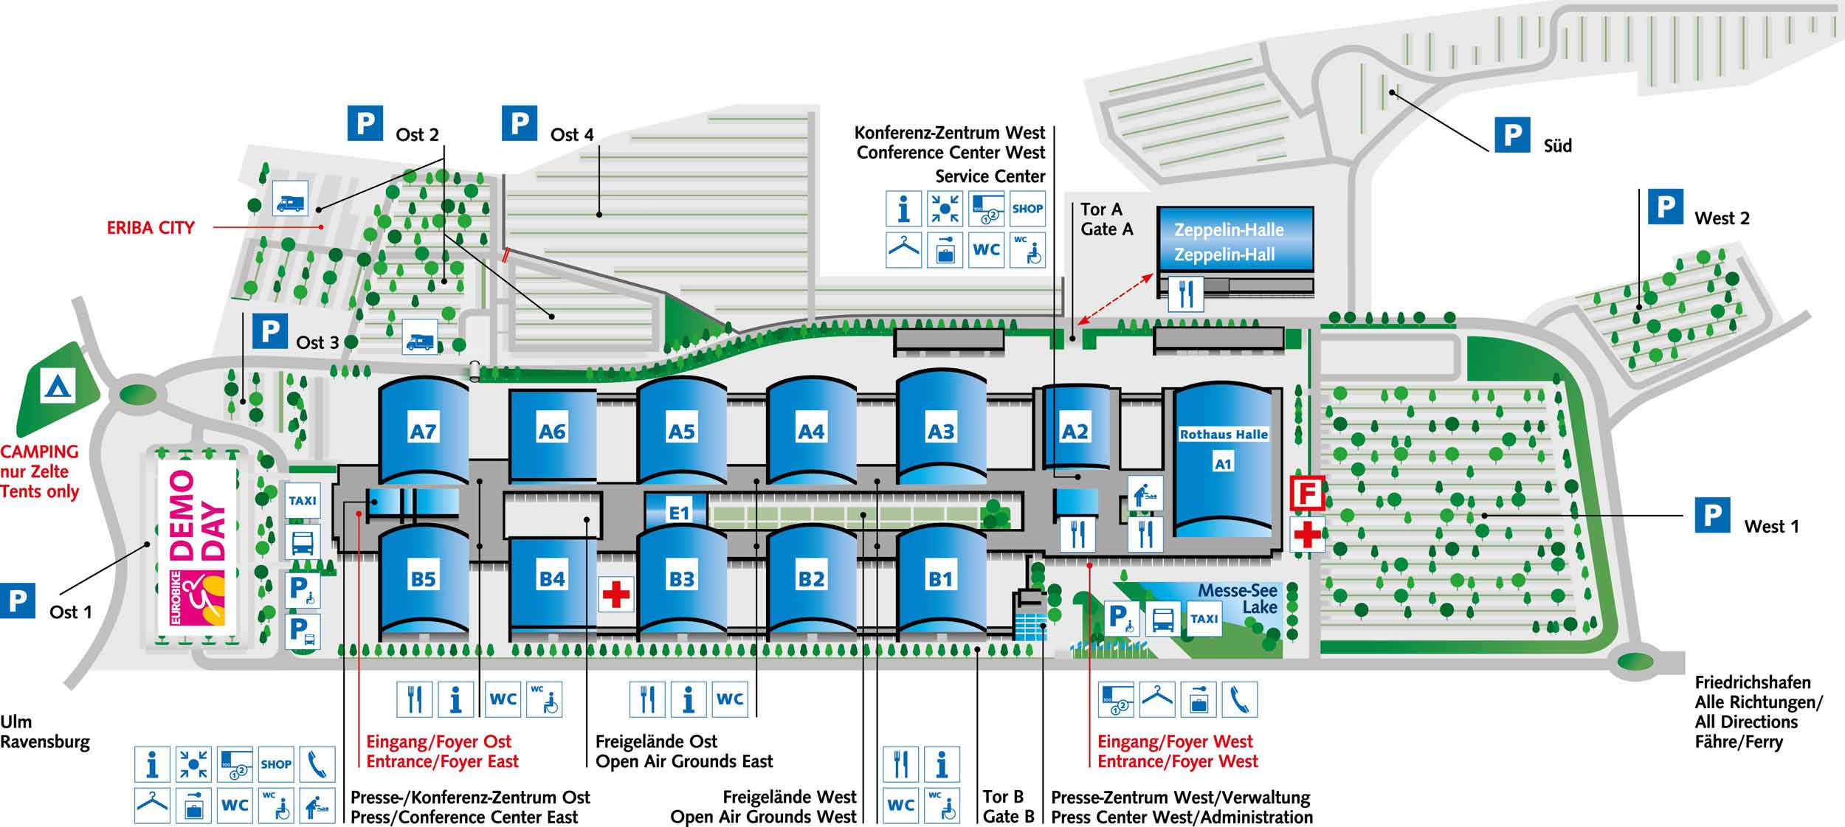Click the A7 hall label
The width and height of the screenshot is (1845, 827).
tap(423, 431)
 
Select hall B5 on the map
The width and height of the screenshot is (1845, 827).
tap(423, 578)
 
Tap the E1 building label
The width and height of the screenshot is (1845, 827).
tap(678, 512)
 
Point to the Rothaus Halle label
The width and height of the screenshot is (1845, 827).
tap(1223, 435)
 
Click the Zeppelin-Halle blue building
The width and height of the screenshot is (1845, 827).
tap(1235, 240)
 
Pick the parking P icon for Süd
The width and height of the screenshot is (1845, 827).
tap(1511, 135)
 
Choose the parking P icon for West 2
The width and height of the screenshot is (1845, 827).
tap(1666, 207)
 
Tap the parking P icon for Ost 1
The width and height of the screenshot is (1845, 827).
tap(17, 601)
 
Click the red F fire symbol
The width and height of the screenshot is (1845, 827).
tap(1307, 494)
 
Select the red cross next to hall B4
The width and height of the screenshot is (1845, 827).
tap(615, 594)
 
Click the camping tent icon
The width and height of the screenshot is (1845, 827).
tap(57, 387)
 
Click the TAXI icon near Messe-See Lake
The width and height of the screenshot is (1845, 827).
tap(1204, 619)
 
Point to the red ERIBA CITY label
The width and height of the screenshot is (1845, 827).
tap(151, 227)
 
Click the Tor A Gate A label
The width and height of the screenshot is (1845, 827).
tap(1106, 219)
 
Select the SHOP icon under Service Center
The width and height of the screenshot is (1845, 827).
tap(1027, 209)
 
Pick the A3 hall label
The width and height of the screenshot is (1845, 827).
tap(940, 431)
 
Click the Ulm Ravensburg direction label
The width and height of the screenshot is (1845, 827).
tap(44, 732)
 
